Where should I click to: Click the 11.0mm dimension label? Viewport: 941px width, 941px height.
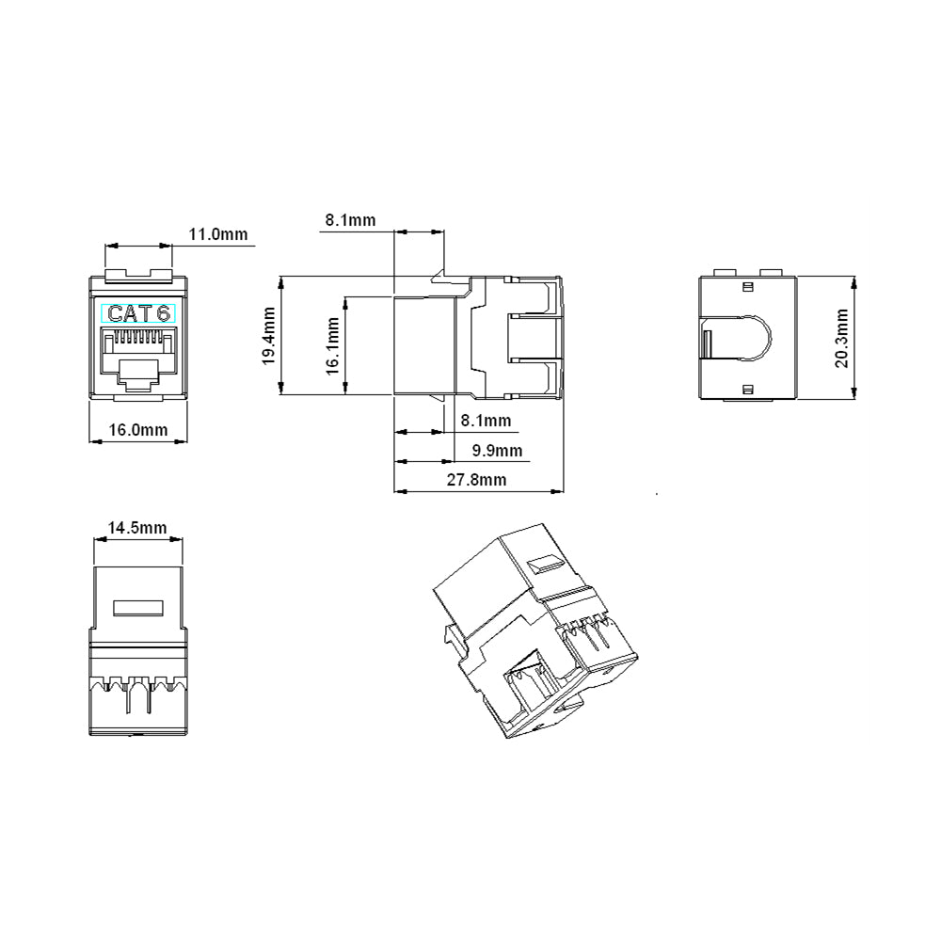(x=218, y=234)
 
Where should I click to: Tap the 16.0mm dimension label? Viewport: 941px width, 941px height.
(x=138, y=430)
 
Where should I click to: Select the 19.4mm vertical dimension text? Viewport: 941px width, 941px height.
(x=268, y=336)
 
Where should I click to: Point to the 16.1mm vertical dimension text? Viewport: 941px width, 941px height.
(x=332, y=347)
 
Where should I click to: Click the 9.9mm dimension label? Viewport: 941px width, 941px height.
(x=497, y=450)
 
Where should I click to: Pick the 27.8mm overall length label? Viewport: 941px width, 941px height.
(x=476, y=480)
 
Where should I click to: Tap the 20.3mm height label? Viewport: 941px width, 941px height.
(x=841, y=338)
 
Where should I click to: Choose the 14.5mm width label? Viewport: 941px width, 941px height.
(x=136, y=528)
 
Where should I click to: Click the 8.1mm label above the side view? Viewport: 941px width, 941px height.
(x=350, y=220)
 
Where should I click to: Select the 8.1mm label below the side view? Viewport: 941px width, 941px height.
(x=486, y=421)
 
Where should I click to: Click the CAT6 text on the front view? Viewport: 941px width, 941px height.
(x=138, y=313)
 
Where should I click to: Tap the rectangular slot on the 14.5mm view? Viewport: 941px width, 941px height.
(x=138, y=608)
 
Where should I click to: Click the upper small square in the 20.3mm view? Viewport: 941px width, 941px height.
(x=748, y=287)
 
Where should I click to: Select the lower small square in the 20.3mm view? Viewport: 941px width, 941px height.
(x=748, y=391)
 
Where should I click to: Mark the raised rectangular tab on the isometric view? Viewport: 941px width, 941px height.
(x=545, y=565)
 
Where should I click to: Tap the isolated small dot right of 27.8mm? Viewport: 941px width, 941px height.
(x=657, y=494)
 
